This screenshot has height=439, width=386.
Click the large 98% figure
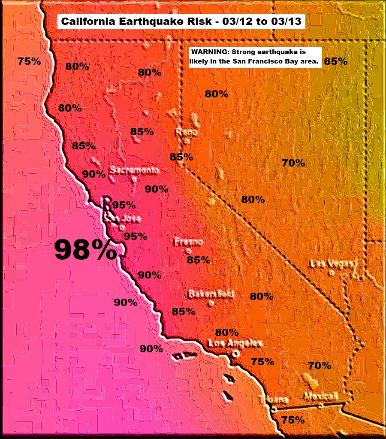click(x=85, y=249)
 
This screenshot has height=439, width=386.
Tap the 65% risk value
click(x=335, y=61)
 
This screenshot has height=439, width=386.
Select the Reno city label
click(x=187, y=132)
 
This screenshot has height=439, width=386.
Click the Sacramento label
click(x=134, y=170)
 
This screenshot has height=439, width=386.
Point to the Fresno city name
click(x=188, y=242)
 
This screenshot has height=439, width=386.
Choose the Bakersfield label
click(x=211, y=294)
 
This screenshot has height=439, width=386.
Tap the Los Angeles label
click(x=235, y=343)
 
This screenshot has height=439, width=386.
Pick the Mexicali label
click(x=321, y=396)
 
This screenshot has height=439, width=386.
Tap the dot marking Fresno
click(x=188, y=251)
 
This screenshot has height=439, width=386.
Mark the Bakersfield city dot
click(x=210, y=303)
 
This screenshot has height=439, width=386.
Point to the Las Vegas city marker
click(x=331, y=272)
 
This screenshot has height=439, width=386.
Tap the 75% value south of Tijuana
click(x=293, y=420)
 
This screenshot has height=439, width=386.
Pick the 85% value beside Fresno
click(x=199, y=260)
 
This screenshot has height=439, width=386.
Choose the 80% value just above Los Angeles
click(x=227, y=332)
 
